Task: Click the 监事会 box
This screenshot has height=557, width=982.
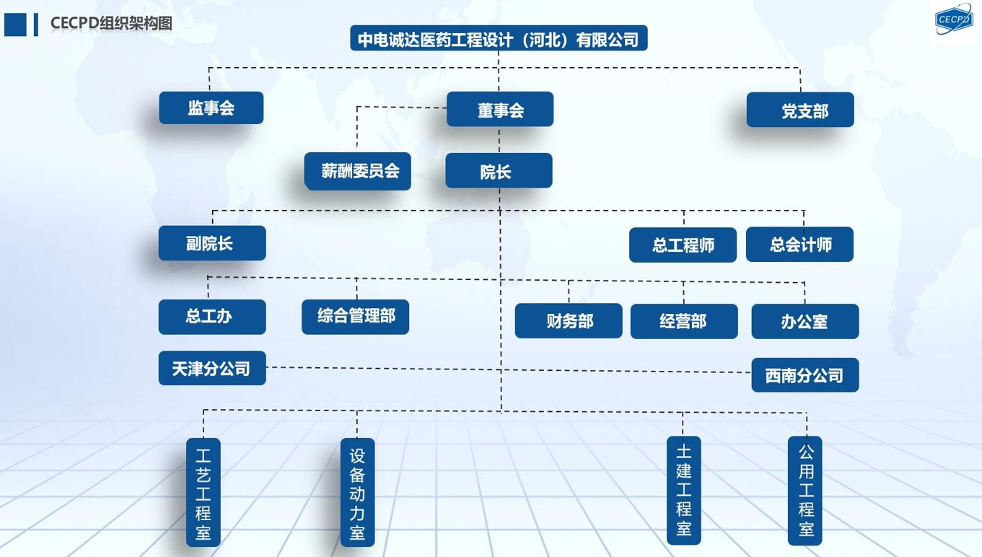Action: tap(211, 108)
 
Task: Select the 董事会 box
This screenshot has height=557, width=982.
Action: tap(500, 110)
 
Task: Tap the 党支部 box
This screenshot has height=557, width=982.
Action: tap(800, 110)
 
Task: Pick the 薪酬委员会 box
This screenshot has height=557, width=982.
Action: tap(358, 172)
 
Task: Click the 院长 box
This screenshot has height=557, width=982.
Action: tap(499, 171)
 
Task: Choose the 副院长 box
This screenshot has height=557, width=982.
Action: tap(212, 244)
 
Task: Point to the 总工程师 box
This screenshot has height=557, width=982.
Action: tap(683, 245)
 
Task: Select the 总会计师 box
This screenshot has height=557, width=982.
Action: tap(799, 245)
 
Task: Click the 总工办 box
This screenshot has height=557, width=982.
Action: tap(212, 317)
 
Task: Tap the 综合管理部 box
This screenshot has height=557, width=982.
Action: tap(355, 317)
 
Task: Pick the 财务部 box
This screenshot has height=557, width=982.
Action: tap(569, 321)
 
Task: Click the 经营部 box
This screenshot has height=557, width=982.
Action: tap(684, 321)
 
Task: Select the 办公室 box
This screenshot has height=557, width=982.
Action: tap(805, 322)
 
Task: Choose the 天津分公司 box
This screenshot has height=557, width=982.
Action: tap(212, 369)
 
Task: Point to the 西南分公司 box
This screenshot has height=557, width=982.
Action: tap(805, 375)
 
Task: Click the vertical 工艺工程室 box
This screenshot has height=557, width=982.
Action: tap(203, 492)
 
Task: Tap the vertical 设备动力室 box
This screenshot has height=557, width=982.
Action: tap(358, 493)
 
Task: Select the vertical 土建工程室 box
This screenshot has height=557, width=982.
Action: tap(684, 491)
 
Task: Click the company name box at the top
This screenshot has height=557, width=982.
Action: tap(499, 39)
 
